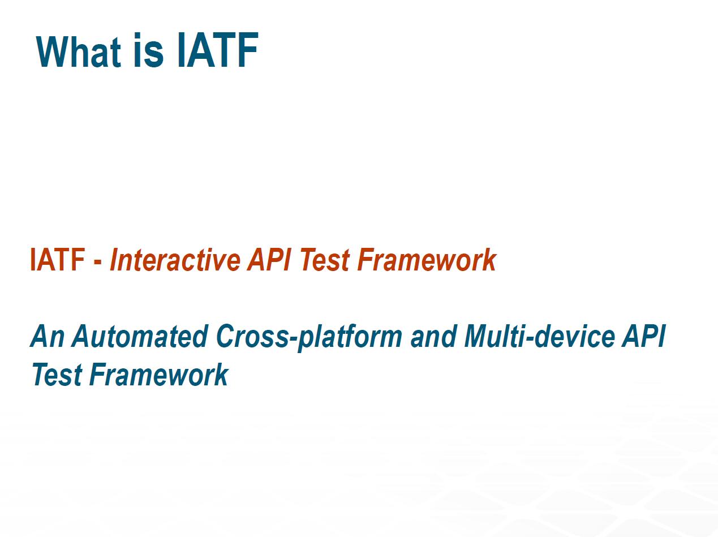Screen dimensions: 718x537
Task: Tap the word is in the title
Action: (x=148, y=50)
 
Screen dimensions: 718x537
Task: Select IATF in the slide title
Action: (x=218, y=50)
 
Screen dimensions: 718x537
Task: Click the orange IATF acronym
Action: (x=57, y=260)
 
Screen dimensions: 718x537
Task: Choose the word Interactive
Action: (x=175, y=260)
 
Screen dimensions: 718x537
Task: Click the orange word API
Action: (x=269, y=260)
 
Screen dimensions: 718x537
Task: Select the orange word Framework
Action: (x=427, y=260)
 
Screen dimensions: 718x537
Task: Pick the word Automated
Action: (x=140, y=336)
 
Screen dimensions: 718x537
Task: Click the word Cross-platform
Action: (x=309, y=338)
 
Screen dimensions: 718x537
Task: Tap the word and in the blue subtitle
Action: (x=433, y=336)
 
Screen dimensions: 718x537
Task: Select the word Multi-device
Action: (x=539, y=336)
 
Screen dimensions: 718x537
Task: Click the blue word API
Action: (x=644, y=336)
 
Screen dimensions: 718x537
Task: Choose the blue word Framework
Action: (x=158, y=375)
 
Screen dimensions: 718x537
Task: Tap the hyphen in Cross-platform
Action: (x=293, y=339)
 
